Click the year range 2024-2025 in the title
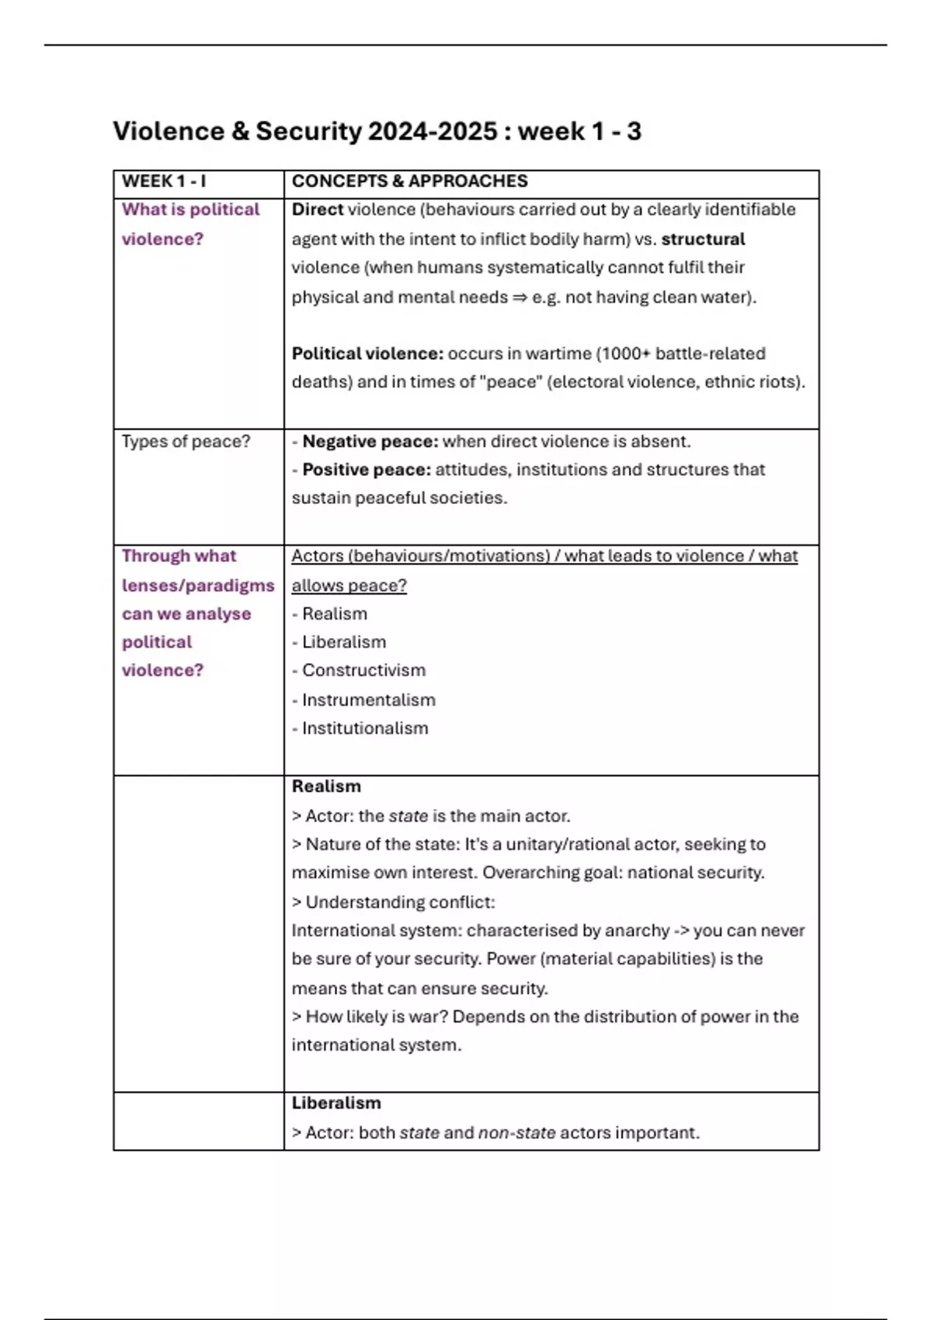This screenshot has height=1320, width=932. tap(432, 131)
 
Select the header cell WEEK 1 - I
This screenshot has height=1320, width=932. tap(164, 182)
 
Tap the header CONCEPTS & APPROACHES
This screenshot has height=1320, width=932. tap(409, 182)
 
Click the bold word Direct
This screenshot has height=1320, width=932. tap(317, 210)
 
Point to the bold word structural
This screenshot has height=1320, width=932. tap(703, 239)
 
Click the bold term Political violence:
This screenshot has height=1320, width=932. tap(367, 354)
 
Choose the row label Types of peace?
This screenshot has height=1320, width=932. tap(186, 442)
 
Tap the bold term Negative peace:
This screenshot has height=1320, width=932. tap(370, 442)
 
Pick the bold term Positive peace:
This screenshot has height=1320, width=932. tap(366, 470)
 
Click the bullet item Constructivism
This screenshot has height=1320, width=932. tap(363, 670)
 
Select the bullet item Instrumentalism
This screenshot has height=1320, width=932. tap(368, 700)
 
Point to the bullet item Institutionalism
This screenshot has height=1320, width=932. tap(365, 728)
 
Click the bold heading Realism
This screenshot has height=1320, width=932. tap(326, 787)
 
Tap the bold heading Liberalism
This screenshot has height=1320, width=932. tap(336, 1103)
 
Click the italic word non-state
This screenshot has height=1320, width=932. tap(516, 1133)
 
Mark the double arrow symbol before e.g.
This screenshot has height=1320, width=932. tap(520, 297)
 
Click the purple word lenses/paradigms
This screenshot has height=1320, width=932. tap(198, 585)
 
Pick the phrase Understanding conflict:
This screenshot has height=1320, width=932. tap(400, 902)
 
